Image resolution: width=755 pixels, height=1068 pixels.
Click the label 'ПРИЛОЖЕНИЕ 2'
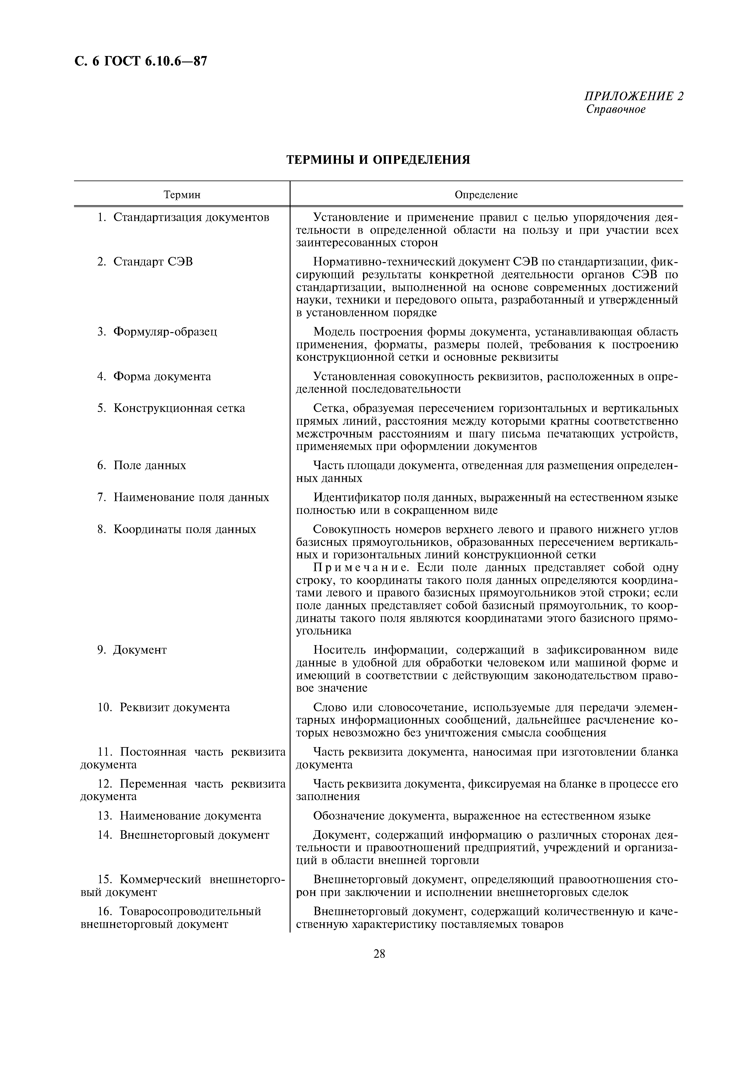click(633, 96)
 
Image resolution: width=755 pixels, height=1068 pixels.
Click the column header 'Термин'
click(182, 195)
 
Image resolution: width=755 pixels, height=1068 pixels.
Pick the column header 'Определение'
click(486, 195)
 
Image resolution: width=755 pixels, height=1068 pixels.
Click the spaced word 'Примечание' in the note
click(361, 568)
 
